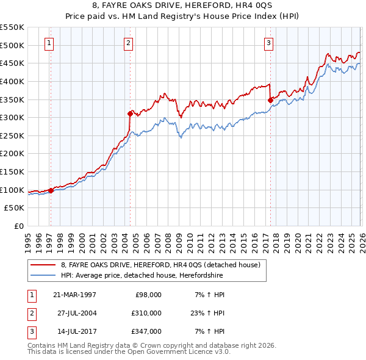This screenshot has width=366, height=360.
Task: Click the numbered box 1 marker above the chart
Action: click(49, 43)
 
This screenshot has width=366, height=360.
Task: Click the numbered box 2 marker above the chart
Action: click(128, 43)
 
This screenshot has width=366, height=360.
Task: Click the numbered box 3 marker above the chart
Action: click(268, 43)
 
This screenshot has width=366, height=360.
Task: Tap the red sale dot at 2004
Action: click(130, 113)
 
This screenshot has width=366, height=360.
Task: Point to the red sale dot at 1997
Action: click(51, 190)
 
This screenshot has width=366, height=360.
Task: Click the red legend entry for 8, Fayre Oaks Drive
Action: click(160, 265)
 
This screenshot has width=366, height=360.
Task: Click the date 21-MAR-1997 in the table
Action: click(74, 295)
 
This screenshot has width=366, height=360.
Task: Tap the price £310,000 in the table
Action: click(147, 313)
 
